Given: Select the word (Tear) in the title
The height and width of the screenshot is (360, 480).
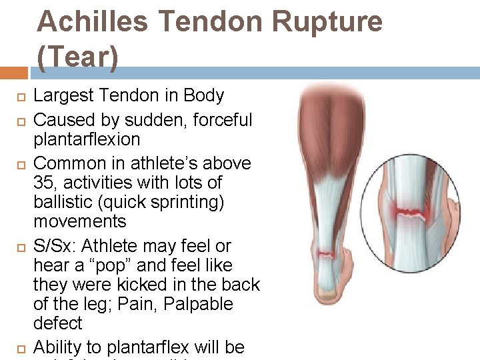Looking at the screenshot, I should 77,58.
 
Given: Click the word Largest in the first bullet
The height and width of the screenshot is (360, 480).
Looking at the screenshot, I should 62,95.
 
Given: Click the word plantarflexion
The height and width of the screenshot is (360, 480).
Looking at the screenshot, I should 87,139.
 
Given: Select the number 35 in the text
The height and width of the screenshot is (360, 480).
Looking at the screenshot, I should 44,182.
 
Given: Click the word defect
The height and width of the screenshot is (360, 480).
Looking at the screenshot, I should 57,323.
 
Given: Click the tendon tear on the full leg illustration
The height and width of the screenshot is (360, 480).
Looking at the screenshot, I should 326,253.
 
